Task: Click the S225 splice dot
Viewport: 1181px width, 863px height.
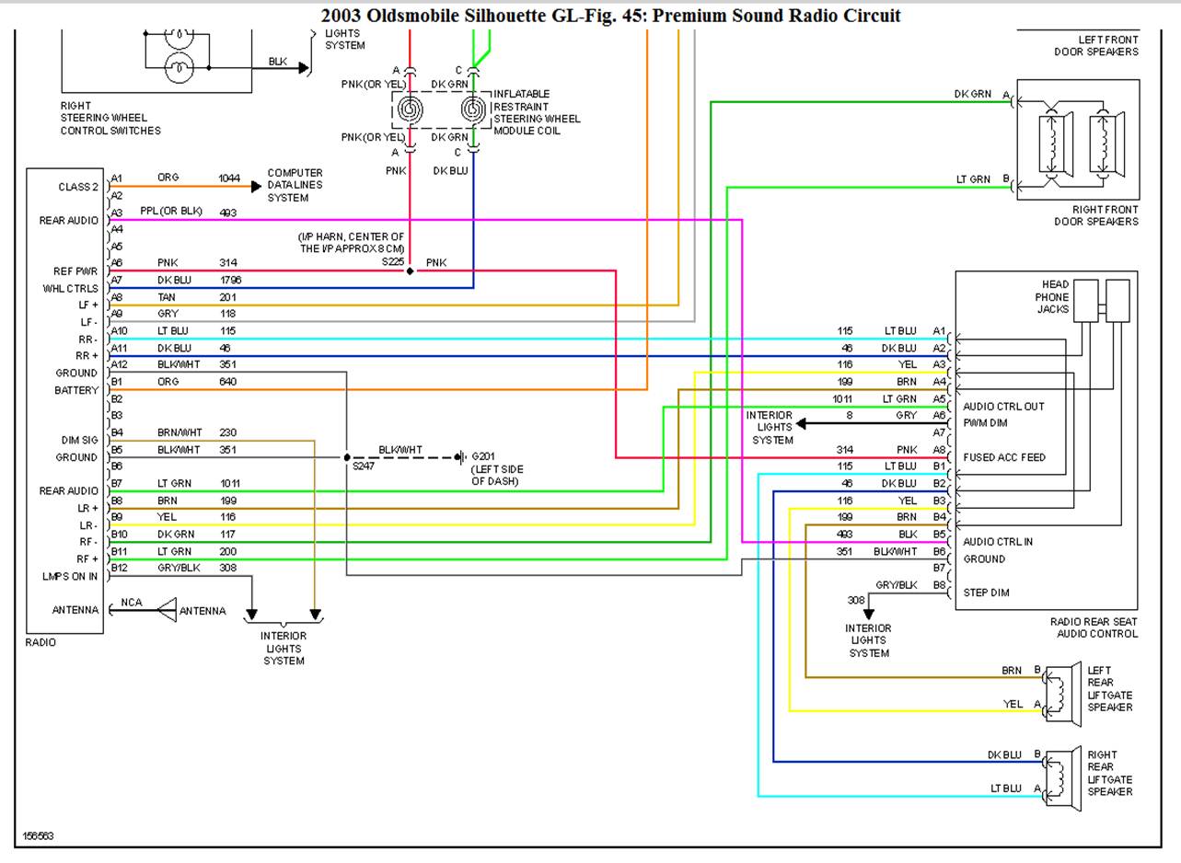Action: (411, 271)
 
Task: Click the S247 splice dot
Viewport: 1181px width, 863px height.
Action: (347, 457)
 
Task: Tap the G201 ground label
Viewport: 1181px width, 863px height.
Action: (484, 456)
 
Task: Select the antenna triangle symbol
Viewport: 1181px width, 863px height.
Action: (167, 610)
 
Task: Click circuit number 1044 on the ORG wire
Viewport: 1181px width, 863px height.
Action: (229, 178)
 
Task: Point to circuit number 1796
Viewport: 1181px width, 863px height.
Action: (230, 280)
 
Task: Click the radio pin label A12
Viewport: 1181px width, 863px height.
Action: (119, 364)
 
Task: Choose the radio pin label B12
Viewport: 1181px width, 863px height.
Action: (119, 568)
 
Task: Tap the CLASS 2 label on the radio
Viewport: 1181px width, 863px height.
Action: (77, 187)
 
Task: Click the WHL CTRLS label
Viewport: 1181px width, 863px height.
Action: (70, 288)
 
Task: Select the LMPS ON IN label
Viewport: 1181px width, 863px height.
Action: (70, 577)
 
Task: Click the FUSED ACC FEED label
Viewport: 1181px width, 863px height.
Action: (1004, 457)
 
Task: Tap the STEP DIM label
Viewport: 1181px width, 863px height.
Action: (986, 593)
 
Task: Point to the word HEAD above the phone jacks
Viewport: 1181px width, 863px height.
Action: (1055, 285)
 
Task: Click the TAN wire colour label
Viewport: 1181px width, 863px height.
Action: (167, 297)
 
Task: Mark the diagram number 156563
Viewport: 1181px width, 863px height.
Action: (38, 835)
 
